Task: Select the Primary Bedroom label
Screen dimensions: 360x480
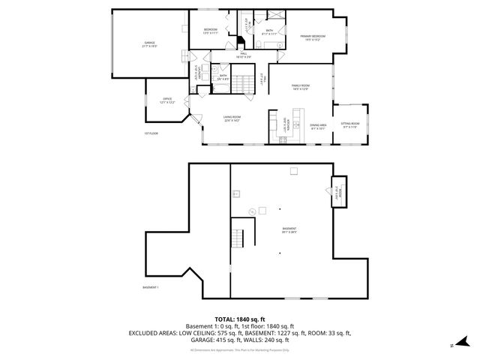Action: (x=313, y=37)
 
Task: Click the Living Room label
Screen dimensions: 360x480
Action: (x=232, y=117)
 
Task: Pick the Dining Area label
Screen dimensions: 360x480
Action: (x=319, y=125)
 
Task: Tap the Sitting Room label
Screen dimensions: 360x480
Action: (x=350, y=124)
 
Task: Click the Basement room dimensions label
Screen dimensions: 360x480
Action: (x=289, y=232)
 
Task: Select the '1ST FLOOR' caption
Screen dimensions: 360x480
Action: (x=151, y=133)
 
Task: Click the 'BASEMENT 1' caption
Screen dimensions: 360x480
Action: (x=151, y=287)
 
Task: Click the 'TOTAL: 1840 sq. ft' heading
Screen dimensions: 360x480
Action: (x=239, y=319)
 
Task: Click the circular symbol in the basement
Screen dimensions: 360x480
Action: (x=252, y=211)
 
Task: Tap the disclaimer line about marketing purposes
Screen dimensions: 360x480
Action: (x=239, y=349)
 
